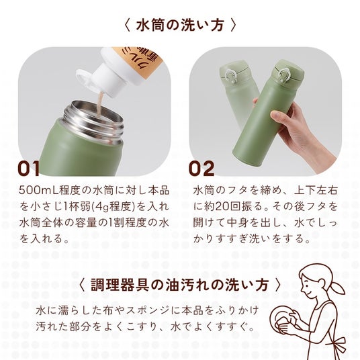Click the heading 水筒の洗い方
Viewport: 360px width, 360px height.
point(180,26)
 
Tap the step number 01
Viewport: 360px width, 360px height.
point(28,169)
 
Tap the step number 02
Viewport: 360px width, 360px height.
point(201,169)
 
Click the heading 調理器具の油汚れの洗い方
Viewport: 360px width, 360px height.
point(180,285)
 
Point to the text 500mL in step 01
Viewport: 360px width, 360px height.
point(39,190)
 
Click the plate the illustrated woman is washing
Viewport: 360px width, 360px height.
point(281,320)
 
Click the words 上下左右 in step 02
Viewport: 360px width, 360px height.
point(316,190)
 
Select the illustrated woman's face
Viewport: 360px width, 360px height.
point(308,284)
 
